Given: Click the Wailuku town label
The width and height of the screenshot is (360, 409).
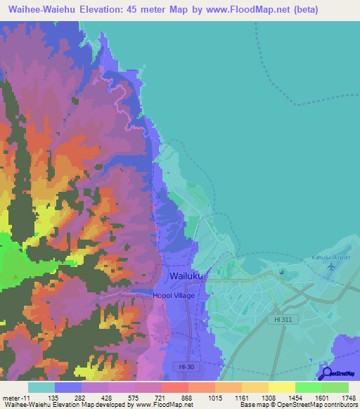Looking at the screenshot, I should (x=186, y=277).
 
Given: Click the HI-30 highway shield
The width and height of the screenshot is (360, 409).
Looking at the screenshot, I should (x=185, y=367).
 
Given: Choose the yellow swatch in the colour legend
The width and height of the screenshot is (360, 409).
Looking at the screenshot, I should (x=281, y=387).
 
